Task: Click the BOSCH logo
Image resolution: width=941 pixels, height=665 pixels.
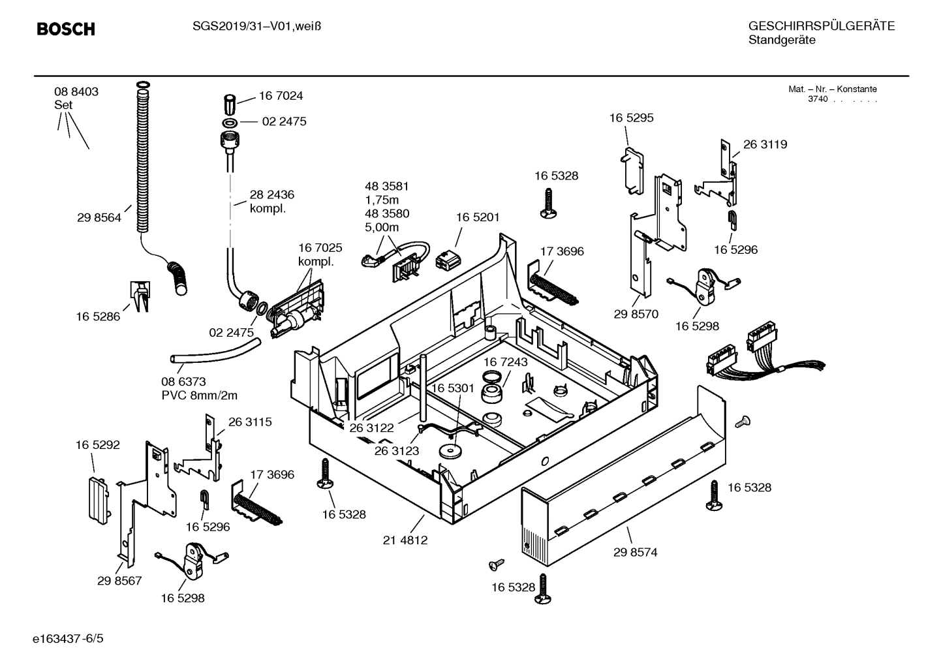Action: [x=66, y=29]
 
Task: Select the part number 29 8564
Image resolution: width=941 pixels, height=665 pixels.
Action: [x=99, y=218]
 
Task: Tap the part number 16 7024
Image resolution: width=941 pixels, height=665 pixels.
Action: [x=281, y=96]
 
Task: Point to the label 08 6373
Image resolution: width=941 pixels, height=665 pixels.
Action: [x=183, y=382]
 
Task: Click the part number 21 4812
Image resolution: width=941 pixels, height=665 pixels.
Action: [x=405, y=540]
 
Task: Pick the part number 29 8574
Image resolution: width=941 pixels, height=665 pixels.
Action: [x=635, y=552]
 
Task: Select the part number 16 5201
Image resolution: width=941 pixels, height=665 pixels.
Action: [x=478, y=217]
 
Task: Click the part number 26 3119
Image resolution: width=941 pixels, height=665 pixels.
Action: [x=765, y=144]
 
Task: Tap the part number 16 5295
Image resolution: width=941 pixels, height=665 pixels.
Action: [x=631, y=118]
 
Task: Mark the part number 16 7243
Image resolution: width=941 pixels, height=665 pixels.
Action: [x=506, y=362]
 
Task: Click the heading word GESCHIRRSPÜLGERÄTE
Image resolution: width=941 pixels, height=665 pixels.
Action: [x=821, y=26]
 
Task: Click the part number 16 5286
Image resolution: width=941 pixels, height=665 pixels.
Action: [x=98, y=317]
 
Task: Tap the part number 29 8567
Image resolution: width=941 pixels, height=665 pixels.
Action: [x=119, y=580]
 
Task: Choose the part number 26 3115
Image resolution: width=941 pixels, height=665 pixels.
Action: [x=250, y=422]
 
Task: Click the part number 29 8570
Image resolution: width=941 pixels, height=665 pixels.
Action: [x=636, y=314]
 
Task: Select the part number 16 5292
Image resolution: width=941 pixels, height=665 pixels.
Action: [x=98, y=445]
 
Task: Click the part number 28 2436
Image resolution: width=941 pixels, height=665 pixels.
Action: [x=271, y=194]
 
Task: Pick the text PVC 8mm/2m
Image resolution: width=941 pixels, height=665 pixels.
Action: [x=199, y=395]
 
